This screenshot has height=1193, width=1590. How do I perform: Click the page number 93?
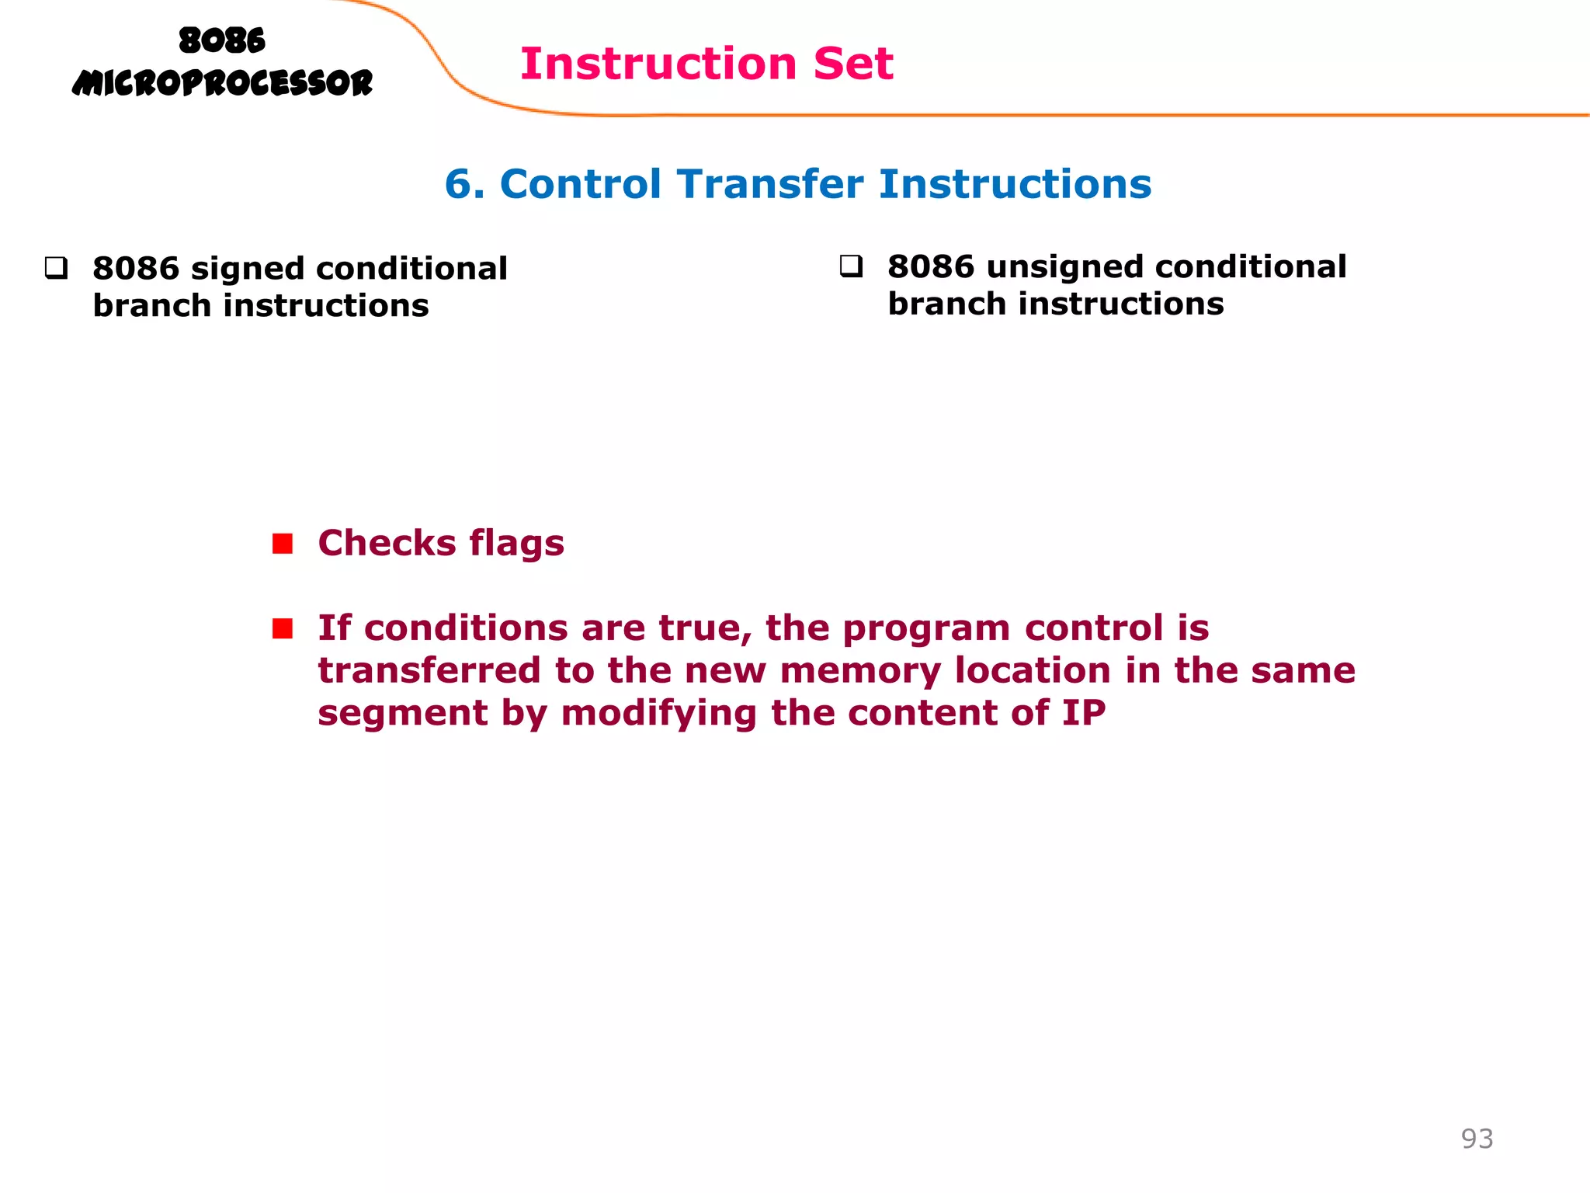[1477, 1139]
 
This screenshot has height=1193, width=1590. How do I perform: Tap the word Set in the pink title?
[853, 64]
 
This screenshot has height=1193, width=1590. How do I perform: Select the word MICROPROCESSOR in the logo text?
[222, 83]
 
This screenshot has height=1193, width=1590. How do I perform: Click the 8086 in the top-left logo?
[222, 40]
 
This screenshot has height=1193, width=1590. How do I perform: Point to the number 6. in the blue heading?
[464, 185]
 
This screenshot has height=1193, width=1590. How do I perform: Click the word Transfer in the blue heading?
[769, 185]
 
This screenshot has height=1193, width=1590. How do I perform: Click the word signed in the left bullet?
[247, 270]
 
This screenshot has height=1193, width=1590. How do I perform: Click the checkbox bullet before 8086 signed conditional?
[56, 269]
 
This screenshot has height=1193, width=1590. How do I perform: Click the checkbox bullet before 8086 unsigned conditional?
[851, 267]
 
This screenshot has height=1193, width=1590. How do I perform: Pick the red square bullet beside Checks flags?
[283, 544]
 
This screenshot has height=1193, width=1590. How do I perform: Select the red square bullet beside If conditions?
[283, 628]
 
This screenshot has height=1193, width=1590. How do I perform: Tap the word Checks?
[387, 543]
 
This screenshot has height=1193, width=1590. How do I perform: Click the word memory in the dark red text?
[860, 671]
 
